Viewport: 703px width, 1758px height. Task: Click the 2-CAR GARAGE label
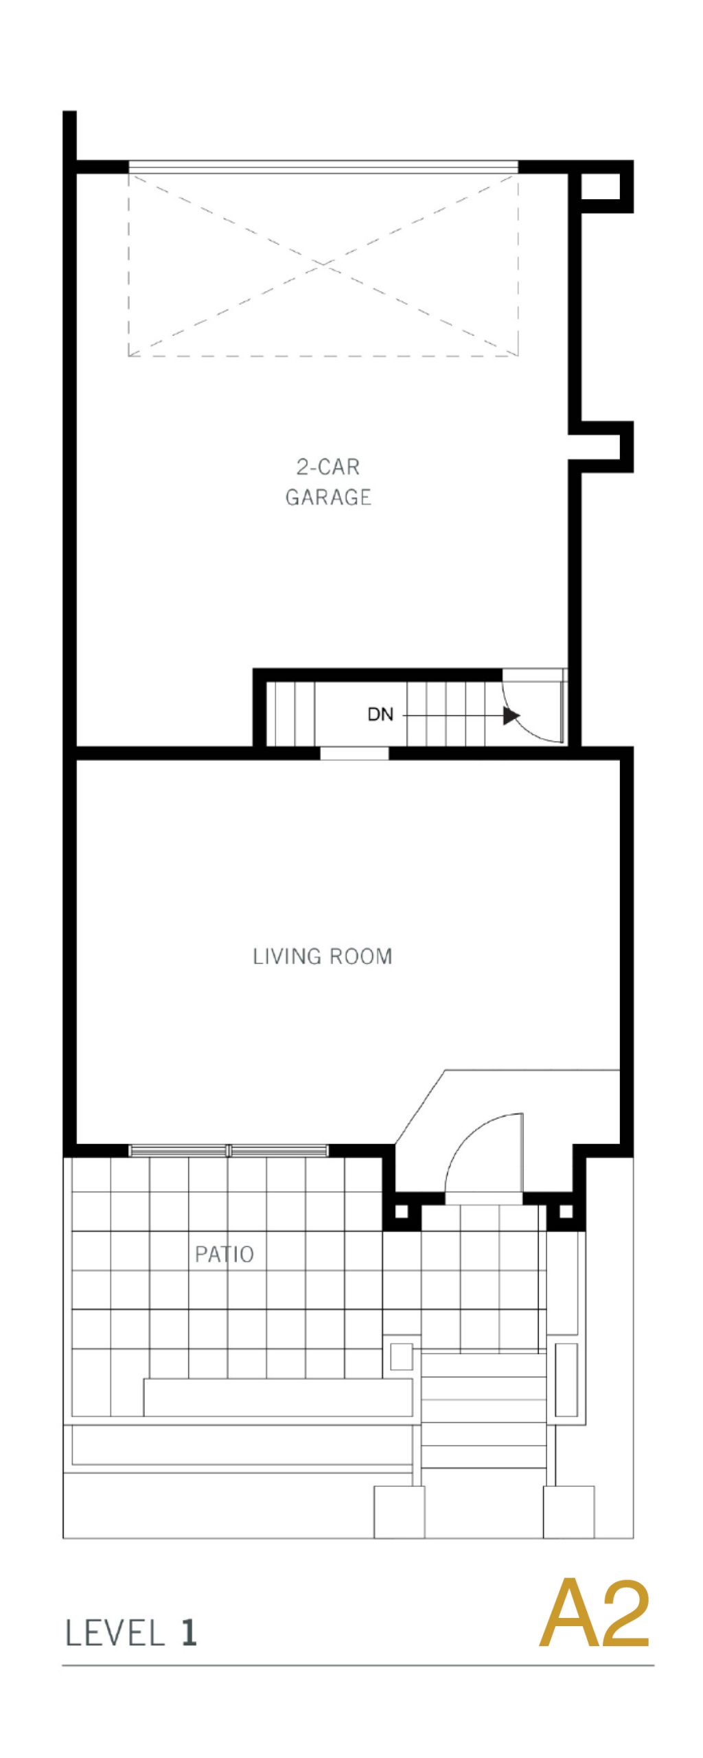(x=328, y=481)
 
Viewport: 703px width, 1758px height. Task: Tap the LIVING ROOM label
(x=322, y=956)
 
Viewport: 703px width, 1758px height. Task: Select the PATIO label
(x=224, y=1254)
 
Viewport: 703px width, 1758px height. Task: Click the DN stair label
(x=380, y=714)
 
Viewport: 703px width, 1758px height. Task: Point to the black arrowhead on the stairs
(x=511, y=716)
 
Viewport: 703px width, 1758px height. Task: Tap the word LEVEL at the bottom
(x=115, y=1632)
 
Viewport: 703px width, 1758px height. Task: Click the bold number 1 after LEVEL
(x=189, y=1632)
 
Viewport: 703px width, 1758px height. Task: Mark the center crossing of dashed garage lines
(x=323, y=264)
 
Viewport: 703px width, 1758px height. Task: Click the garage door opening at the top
(x=323, y=167)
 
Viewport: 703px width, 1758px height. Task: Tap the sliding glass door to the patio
(x=229, y=1150)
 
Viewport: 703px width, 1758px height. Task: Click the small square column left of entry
(x=402, y=1211)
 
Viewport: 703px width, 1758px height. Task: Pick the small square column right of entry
(x=566, y=1211)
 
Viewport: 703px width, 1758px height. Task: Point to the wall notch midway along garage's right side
(x=601, y=447)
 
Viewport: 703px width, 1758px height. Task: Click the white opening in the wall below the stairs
(x=354, y=753)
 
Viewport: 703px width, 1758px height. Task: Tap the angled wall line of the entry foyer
(x=420, y=1106)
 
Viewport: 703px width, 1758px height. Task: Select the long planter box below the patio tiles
(x=278, y=1397)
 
